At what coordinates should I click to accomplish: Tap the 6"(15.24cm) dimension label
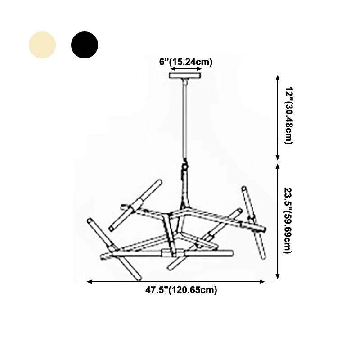coord(185,62)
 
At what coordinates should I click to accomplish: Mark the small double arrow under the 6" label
coord(185,69)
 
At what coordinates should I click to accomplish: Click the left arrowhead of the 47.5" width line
coord(89,282)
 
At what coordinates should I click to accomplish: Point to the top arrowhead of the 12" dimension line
coord(278,78)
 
